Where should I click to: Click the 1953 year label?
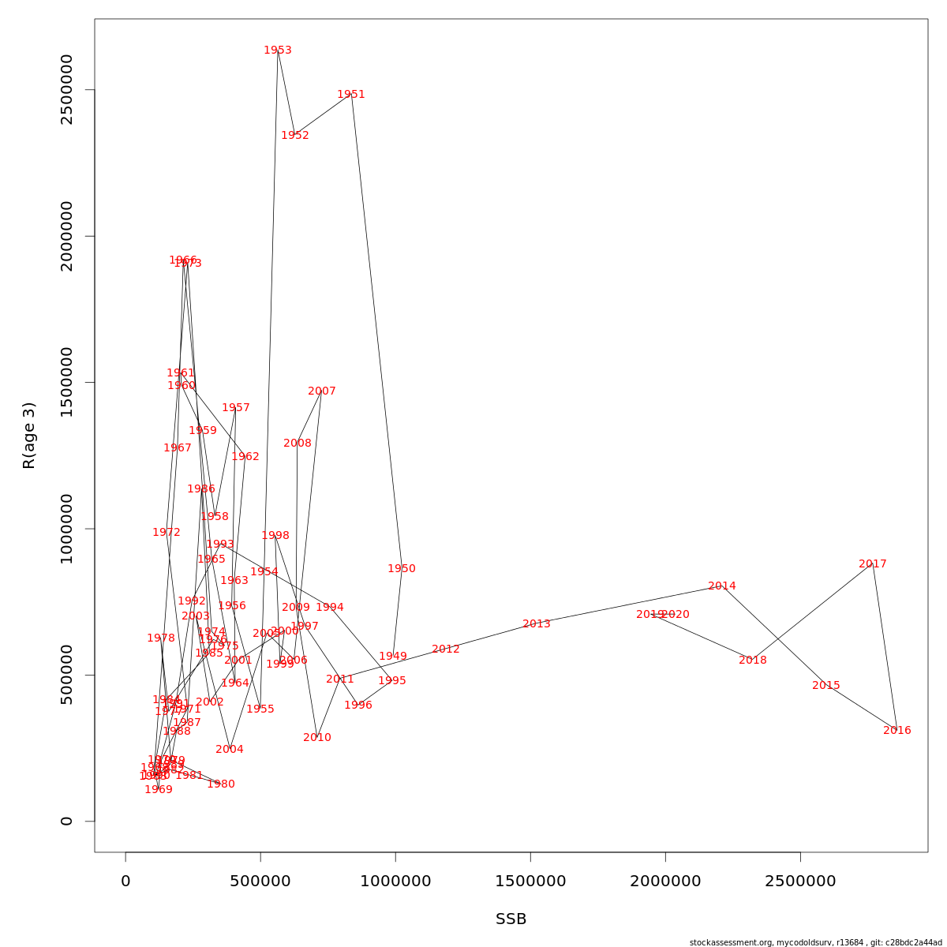pos(278,51)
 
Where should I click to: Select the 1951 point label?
pos(351,95)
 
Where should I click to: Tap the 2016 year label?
pos(897,731)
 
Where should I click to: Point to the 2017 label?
pos(873,564)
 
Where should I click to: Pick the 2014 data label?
pos(722,586)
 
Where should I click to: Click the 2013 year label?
pos(537,624)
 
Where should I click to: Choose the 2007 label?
pos(322,391)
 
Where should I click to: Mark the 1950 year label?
pos(402,569)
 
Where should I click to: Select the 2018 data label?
pos(753,661)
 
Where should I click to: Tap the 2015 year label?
pos(826,686)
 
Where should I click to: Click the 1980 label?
pos(221,784)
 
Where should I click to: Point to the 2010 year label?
pos(317,738)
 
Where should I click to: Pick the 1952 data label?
pos(295,136)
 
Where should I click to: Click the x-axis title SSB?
pos(511,919)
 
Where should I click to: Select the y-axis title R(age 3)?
pos(29,435)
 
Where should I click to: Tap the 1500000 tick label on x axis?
pos(530,881)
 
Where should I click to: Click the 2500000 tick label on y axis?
pos(66,89)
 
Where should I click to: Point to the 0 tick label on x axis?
pos(125,881)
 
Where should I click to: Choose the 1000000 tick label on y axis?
pos(66,529)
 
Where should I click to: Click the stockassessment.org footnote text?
pos(817,942)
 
